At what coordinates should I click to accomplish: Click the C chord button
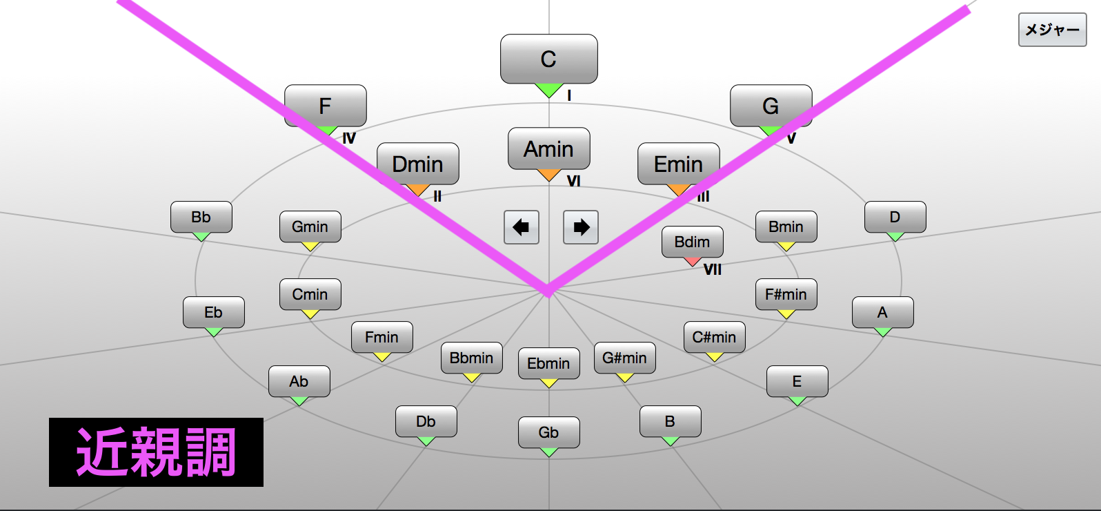point(548,59)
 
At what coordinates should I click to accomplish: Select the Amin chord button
point(548,149)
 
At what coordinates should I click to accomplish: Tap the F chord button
point(325,106)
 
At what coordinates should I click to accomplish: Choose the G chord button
point(771,106)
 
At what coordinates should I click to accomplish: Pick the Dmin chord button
point(417,164)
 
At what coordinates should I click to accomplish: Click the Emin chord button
point(678,164)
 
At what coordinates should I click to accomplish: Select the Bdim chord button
point(692,242)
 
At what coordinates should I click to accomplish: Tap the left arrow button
point(521,227)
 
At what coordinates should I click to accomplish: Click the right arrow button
point(581,227)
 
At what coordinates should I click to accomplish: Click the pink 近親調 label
point(156,452)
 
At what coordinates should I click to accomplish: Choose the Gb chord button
point(548,432)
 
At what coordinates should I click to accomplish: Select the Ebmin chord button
point(548,363)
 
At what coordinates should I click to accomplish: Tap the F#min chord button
point(786,294)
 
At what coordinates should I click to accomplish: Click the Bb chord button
point(201,217)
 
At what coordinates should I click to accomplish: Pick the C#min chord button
point(714,337)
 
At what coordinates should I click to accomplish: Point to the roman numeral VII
point(713,270)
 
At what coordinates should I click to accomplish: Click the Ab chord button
point(299,381)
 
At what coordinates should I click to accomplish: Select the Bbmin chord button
point(471,358)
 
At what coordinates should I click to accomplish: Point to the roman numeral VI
point(573,182)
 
